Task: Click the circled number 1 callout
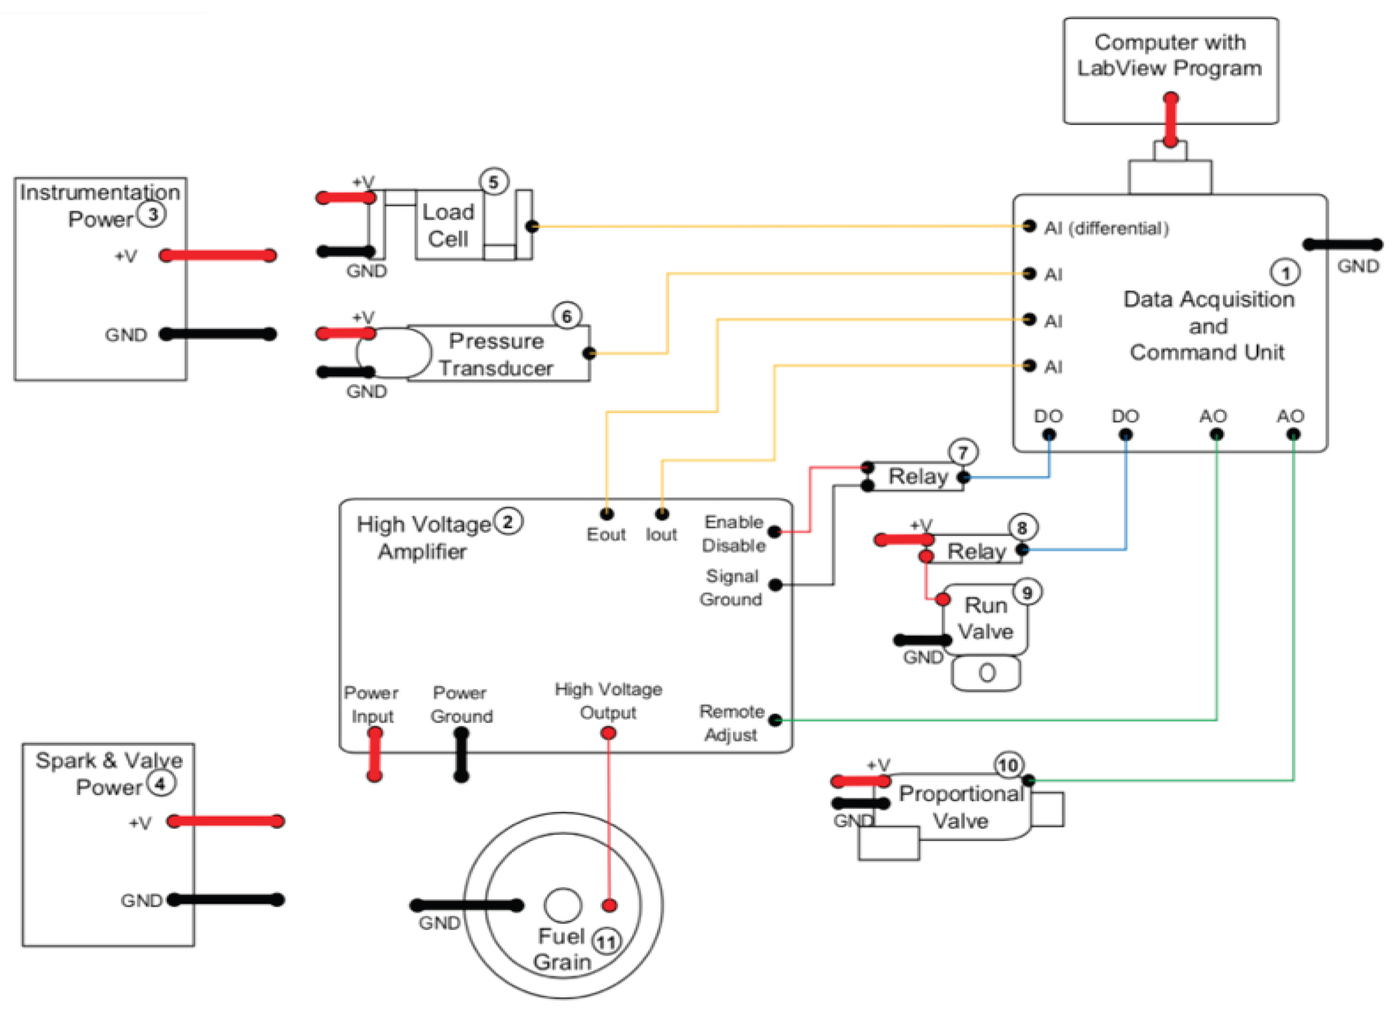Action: click(x=1285, y=272)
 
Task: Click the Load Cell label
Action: click(x=448, y=225)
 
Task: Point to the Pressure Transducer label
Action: click(x=496, y=354)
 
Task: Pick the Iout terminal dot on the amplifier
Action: click(x=662, y=513)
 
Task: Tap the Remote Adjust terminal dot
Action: click(x=776, y=720)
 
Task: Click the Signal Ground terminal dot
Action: click(x=776, y=585)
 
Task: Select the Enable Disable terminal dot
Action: click(x=775, y=532)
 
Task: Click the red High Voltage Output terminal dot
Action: click(x=608, y=733)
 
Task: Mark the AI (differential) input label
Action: click(x=1106, y=228)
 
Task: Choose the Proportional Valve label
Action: click(x=961, y=807)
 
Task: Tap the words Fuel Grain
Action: click(x=562, y=949)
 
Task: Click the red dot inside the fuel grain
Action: click(x=609, y=905)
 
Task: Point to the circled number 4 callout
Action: click(x=161, y=784)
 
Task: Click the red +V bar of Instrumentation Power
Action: click(x=218, y=255)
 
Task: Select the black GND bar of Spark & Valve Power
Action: click(x=226, y=900)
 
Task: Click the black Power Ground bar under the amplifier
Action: click(x=461, y=755)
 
